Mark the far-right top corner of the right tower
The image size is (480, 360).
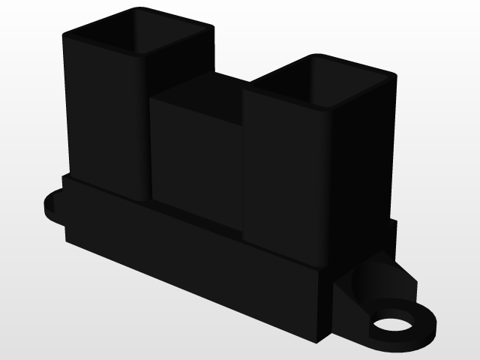click(x=393, y=75)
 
